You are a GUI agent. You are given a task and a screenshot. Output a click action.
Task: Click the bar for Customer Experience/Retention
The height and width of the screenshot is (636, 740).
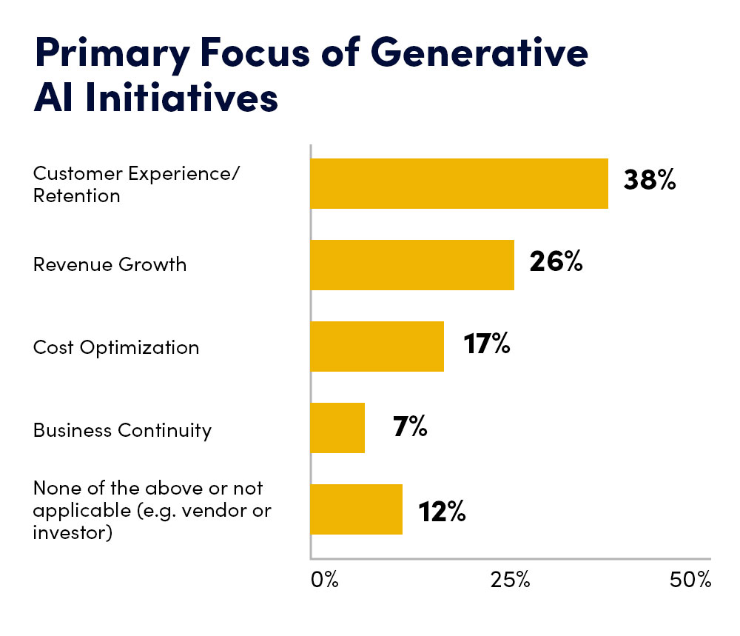pos(459,184)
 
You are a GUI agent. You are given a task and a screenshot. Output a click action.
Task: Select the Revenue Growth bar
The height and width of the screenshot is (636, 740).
pos(412,264)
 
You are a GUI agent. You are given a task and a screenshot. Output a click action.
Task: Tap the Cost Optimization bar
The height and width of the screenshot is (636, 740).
pos(377,346)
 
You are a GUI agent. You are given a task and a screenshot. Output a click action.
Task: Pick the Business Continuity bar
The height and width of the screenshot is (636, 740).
pos(337,428)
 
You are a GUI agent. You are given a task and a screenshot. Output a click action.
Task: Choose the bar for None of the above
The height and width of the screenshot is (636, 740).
pos(356,509)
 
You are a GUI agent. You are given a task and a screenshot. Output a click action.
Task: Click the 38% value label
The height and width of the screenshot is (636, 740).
pos(649,181)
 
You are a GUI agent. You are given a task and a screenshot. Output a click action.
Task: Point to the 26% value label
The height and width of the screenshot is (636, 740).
pos(556,262)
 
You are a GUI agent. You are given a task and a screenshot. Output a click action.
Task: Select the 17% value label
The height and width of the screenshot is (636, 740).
pos(487,344)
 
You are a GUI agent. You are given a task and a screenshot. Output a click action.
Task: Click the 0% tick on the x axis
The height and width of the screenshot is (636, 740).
pos(324,580)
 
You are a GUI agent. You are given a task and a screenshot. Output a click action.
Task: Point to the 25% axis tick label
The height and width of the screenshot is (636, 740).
pos(511,580)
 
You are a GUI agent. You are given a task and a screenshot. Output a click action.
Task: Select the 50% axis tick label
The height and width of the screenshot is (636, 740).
pos(690,580)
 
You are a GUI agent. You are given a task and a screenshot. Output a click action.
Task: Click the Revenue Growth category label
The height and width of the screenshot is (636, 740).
pos(110,264)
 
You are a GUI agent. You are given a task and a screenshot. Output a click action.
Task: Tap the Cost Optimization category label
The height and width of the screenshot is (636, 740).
pos(116,347)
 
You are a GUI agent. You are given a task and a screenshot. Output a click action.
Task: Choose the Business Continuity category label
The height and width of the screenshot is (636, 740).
pos(122,430)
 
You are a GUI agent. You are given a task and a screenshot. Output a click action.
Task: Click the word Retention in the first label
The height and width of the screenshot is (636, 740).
pos(76,195)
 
